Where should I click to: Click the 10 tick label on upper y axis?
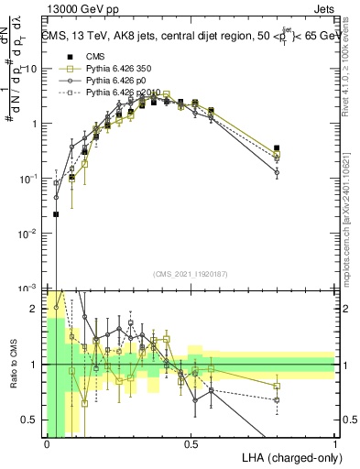coord(33,70)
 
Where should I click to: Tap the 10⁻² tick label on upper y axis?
coord(30,234)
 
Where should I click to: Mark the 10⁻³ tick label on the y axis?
coord(30,289)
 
